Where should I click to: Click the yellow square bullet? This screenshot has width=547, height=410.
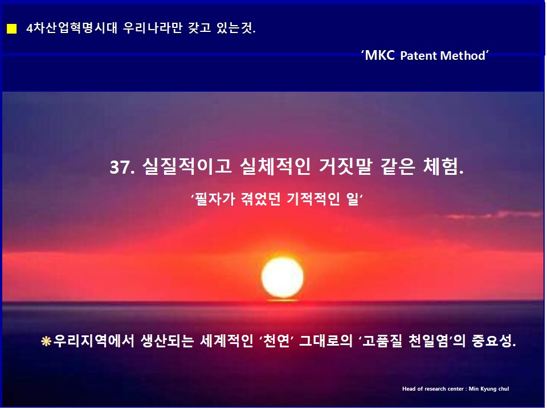coord(11,28)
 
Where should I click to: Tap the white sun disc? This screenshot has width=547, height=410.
coord(283,278)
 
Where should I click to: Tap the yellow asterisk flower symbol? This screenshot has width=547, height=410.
coord(46,341)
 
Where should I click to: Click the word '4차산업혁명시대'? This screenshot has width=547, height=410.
coord(72,28)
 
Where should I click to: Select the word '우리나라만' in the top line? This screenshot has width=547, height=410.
coord(153,28)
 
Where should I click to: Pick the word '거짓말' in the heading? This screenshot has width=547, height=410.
coord(345,166)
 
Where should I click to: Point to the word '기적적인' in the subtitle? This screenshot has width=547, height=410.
coord(313,199)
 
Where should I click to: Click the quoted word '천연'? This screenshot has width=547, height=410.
coord(276,341)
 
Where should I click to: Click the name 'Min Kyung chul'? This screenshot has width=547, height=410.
coord(489,389)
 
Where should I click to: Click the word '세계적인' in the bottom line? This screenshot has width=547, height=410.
coord(226,341)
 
